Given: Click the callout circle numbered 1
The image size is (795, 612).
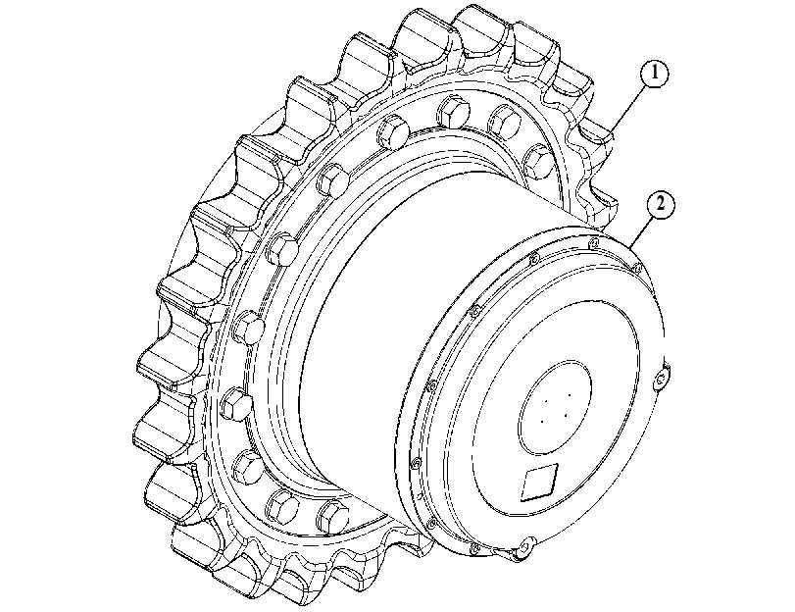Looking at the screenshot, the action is pyautogui.click(x=655, y=75).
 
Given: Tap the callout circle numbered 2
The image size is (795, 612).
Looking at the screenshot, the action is pyautogui.click(x=661, y=205).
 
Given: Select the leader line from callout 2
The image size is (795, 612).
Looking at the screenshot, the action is pyautogui.click(x=642, y=231).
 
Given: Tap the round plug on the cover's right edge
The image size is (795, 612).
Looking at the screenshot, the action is pyautogui.click(x=661, y=379).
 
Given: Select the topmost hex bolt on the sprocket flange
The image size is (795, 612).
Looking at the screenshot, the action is pyautogui.click(x=452, y=111).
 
